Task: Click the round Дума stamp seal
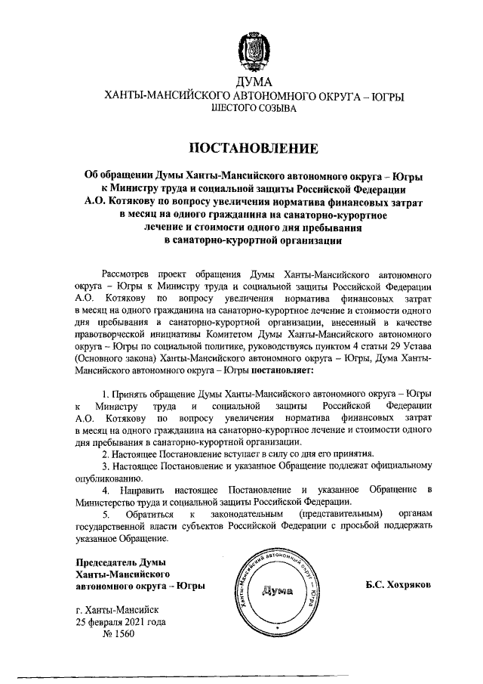pyautogui.click(x=276, y=591)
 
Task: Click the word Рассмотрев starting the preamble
pyautogui.click(x=127, y=274)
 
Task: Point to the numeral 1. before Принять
pyautogui.click(x=106, y=395)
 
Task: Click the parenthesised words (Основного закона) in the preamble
pyautogui.click(x=116, y=359)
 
